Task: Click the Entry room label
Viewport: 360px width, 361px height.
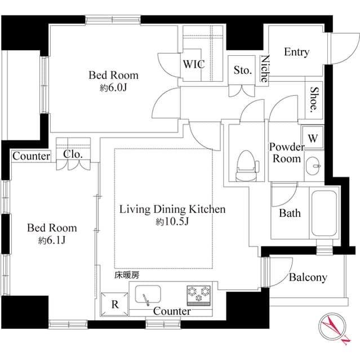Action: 296,52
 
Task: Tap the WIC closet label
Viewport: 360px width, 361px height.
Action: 193,64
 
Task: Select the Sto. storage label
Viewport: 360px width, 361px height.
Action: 243,71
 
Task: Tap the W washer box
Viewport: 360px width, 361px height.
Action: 313,138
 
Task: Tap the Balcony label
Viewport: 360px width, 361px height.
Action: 308,278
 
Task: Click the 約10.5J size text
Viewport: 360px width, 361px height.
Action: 172,222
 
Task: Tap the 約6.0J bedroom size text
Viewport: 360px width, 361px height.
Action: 113,88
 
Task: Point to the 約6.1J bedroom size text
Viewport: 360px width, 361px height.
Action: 52,241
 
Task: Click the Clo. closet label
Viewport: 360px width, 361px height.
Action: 73,153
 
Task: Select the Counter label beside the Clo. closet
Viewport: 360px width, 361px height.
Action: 31,156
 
